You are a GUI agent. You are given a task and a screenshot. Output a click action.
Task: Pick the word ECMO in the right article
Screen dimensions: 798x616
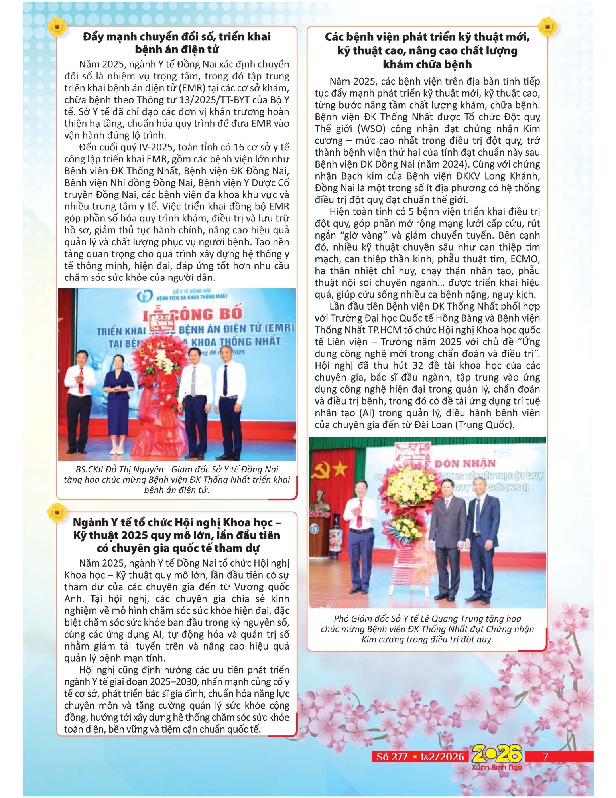pyautogui.click(x=525, y=259)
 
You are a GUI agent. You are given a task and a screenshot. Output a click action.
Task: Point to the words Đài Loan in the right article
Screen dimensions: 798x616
pyautogui.click(x=437, y=425)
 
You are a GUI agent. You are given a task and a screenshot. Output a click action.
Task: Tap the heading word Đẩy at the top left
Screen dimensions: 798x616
pyautogui.click(x=92, y=37)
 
